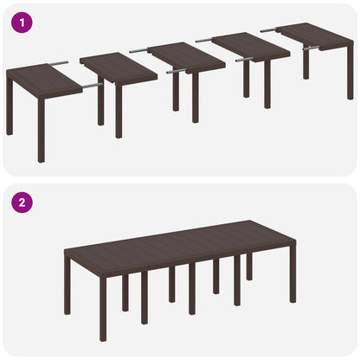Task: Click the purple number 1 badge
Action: (20, 22)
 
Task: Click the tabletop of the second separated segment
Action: (118, 67)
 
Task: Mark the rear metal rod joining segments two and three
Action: (138, 51)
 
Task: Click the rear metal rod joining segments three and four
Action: (204, 40)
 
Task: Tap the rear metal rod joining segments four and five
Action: (270, 29)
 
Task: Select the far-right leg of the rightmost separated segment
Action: (350, 78)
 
